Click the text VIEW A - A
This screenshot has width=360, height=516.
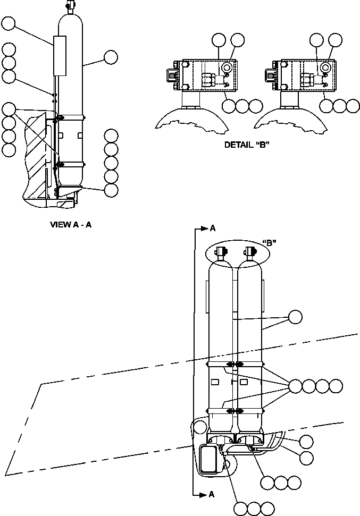71,224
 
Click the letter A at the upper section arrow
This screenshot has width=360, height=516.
213,229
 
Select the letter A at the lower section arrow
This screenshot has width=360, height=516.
212,494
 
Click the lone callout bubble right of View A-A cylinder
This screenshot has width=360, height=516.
111,57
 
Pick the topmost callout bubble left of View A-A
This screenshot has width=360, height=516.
9,23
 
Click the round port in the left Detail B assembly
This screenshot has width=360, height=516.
227,67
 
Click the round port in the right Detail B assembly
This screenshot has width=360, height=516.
325,67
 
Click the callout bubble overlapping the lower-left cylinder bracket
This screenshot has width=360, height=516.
200,426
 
